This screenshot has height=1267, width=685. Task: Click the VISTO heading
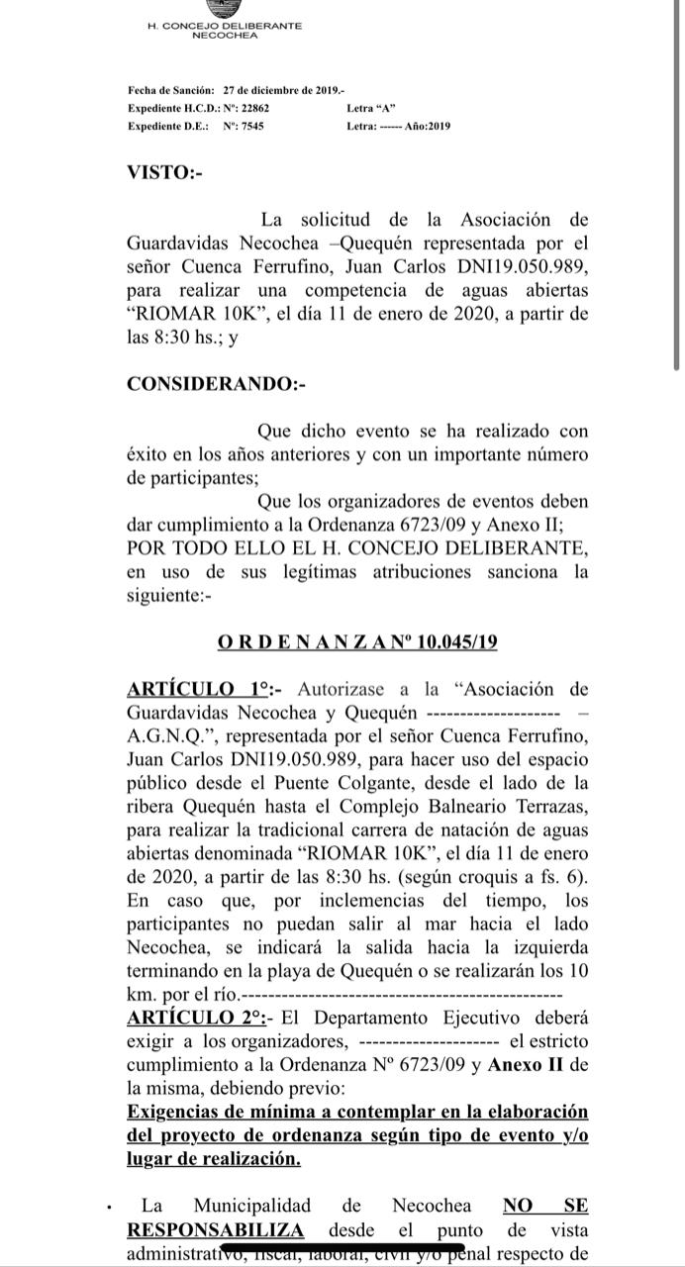(164, 172)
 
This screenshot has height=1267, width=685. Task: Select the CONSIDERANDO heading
(217, 384)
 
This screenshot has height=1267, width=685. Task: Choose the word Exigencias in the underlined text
(178, 1112)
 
